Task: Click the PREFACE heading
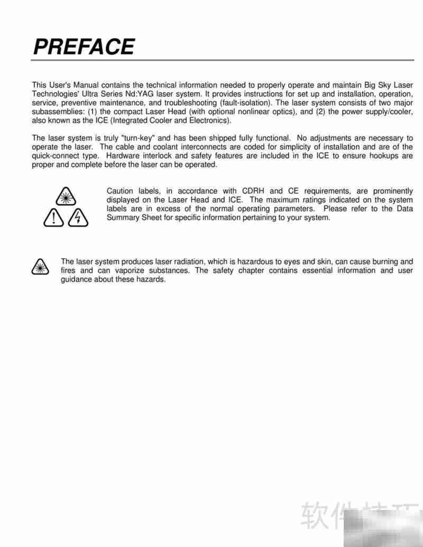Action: (x=84, y=47)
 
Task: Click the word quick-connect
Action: (x=57, y=156)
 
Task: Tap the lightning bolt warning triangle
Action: (x=78, y=217)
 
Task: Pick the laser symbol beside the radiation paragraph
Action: (x=40, y=266)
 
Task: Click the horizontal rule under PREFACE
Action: (x=222, y=60)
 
